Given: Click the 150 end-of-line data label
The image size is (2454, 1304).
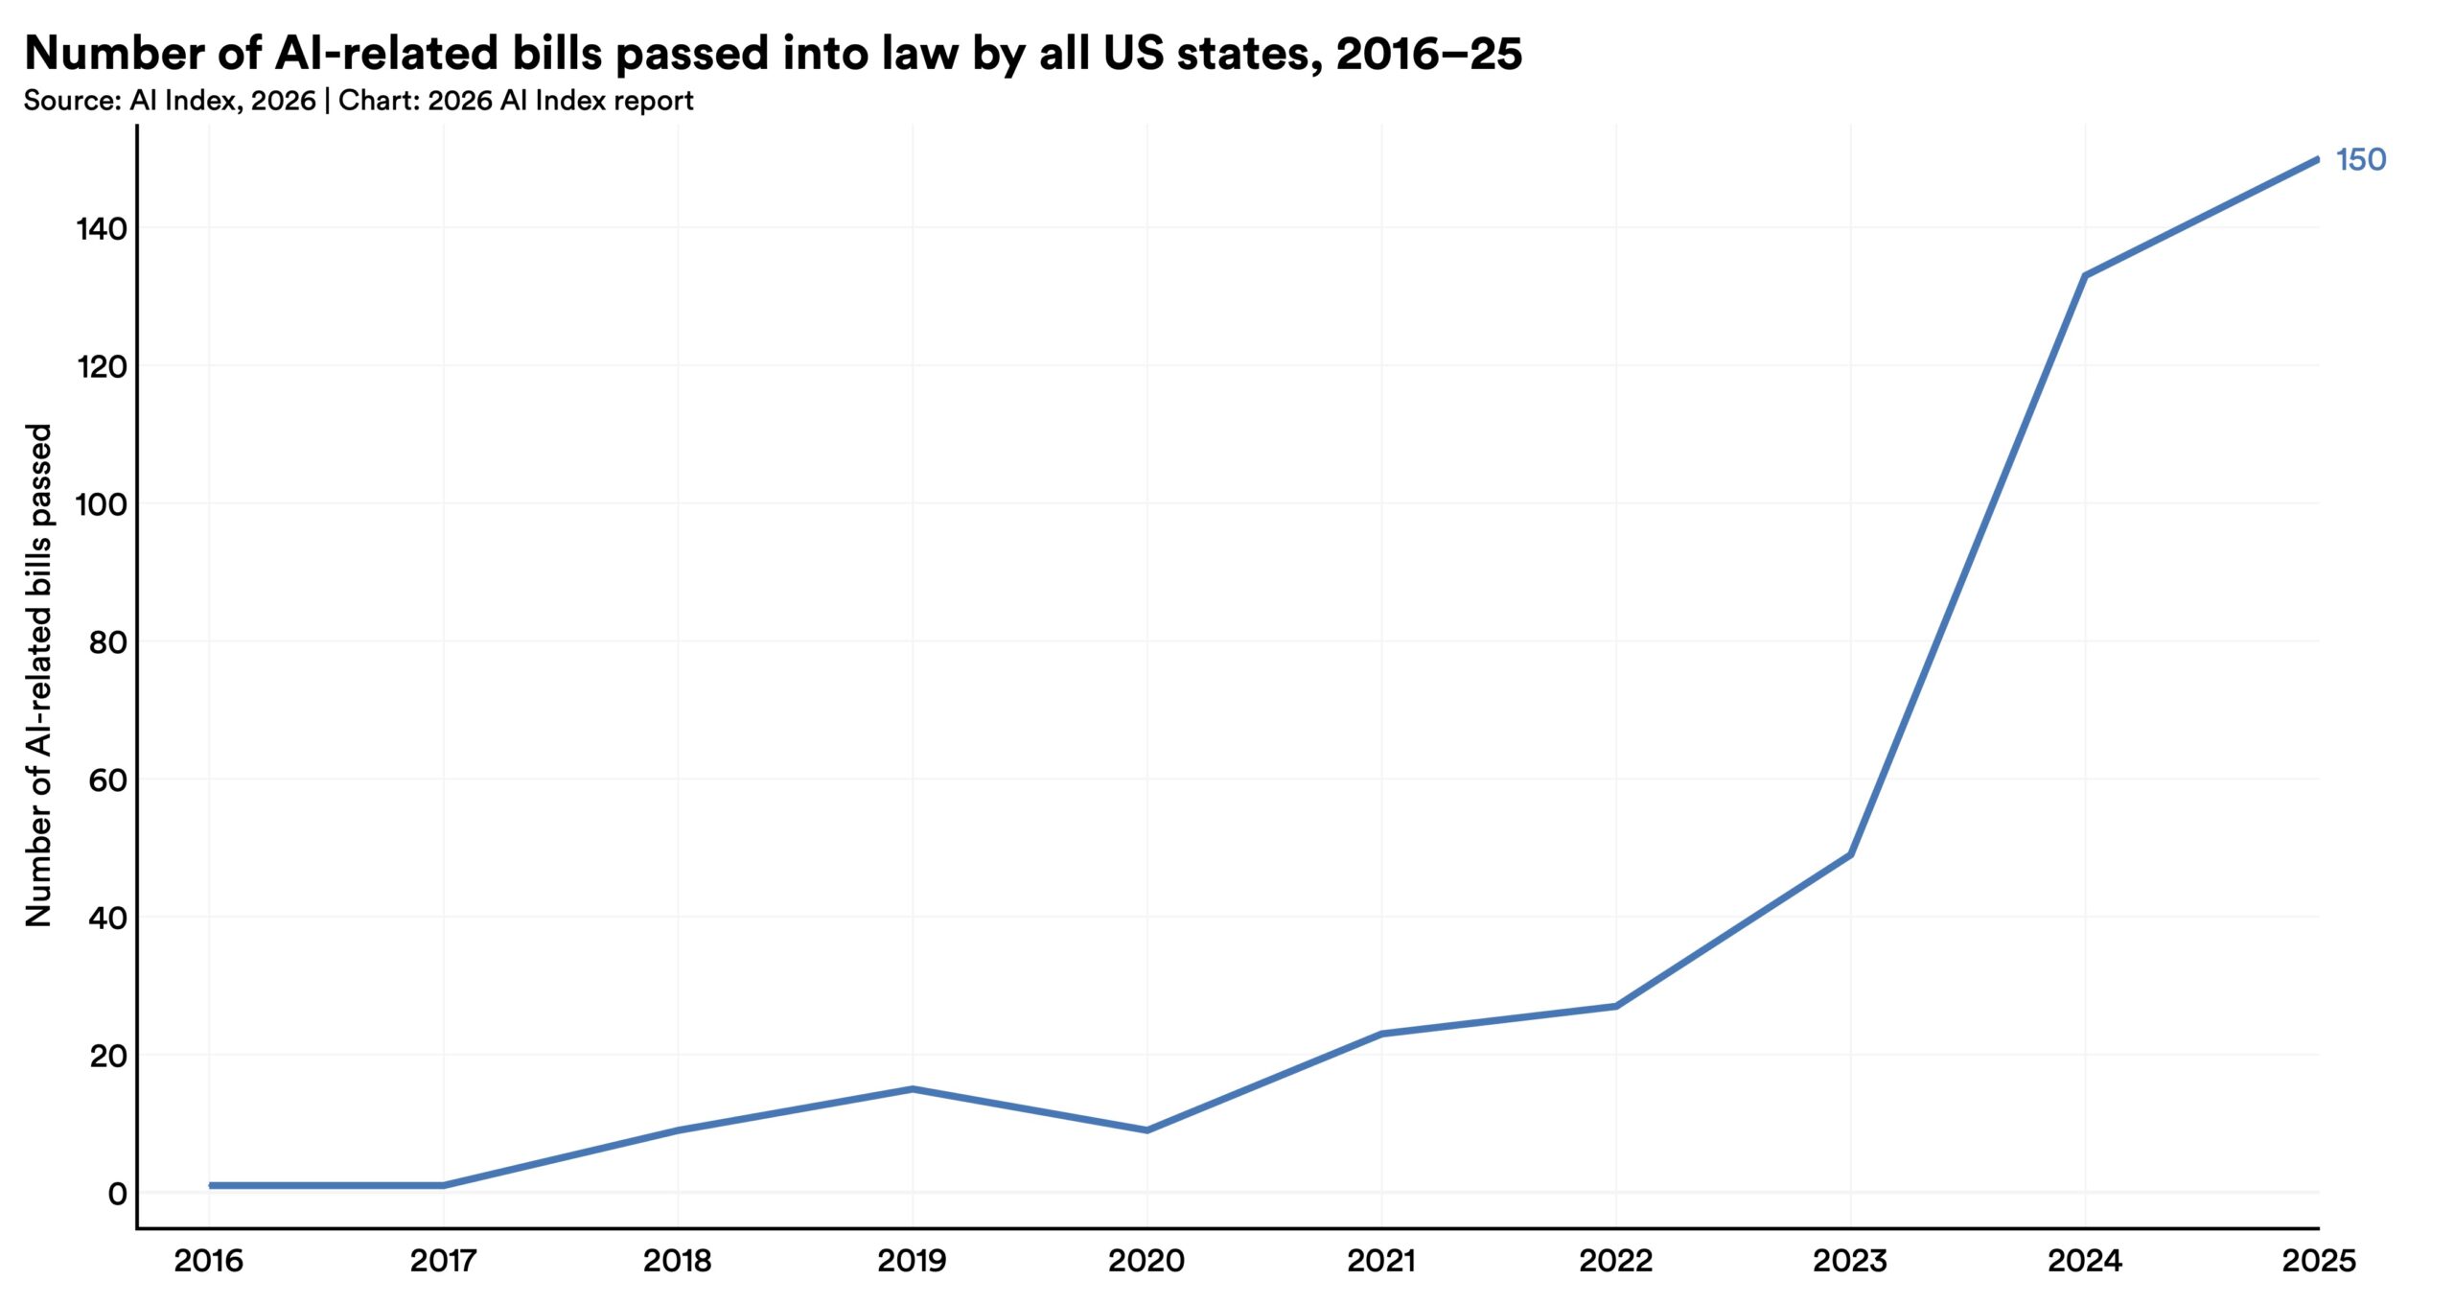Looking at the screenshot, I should (2360, 159).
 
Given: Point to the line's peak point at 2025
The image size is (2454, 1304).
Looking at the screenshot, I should (2317, 160).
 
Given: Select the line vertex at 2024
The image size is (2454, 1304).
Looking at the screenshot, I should (2084, 276).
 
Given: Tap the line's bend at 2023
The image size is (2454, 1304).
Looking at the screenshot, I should (1850, 854).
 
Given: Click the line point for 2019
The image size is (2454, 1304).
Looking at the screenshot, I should (913, 1088).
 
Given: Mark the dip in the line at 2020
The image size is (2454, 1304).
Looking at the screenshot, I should (1147, 1130).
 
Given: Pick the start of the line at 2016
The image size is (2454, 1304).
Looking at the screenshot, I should (210, 1185).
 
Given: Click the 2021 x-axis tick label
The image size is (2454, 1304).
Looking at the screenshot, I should (1381, 1260).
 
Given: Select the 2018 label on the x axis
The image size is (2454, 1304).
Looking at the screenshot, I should (678, 1260).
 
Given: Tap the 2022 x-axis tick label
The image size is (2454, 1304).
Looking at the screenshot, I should (1615, 1260).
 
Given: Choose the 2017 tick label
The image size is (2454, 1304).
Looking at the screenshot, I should (443, 1260).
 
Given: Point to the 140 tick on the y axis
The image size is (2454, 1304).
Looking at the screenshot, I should (102, 228).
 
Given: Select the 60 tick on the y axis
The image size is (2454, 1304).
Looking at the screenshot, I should (107, 780).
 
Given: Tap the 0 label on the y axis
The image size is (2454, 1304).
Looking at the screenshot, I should (117, 1194).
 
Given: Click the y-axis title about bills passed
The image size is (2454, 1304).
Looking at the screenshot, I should (38, 675).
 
